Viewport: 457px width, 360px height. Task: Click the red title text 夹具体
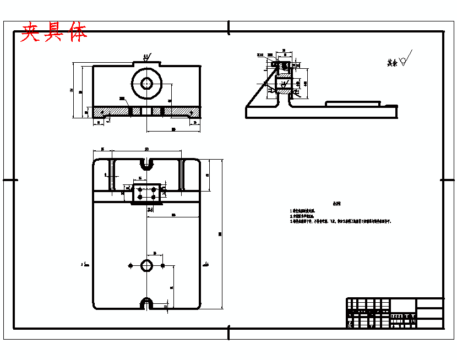53,33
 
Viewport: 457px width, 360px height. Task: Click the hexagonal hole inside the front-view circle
146,83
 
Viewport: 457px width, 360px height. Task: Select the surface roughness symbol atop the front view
147,57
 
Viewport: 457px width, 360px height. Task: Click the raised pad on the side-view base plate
352,103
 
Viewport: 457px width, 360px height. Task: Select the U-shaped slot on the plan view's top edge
146,164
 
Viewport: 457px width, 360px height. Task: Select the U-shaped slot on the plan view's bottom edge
146,303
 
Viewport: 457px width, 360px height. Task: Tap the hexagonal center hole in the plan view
146,265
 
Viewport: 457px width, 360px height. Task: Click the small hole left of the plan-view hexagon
130,265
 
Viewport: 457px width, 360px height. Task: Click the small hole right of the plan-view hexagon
162,265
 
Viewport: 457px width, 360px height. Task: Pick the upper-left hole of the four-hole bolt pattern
140,189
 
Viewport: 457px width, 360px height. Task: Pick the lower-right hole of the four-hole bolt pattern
154,197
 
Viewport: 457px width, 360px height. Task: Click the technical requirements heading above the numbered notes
336,203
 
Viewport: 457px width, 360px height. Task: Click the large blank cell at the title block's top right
429,303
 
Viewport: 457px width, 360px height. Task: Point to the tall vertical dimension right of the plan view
221,234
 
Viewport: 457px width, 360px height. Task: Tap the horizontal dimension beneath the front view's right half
173,129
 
